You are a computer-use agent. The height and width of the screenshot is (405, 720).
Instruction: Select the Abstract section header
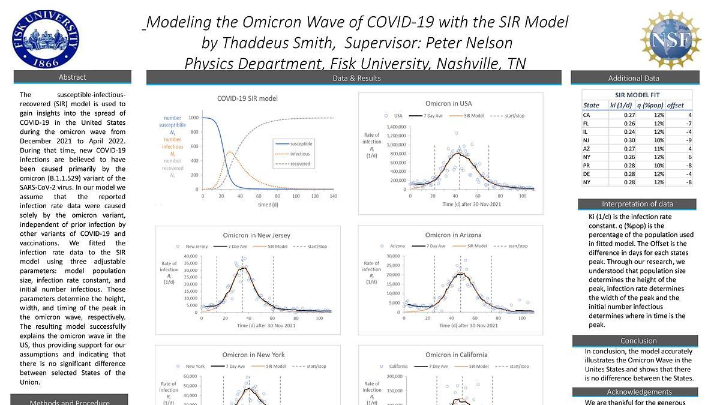(72, 77)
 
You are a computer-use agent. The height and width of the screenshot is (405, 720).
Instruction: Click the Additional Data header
(634, 78)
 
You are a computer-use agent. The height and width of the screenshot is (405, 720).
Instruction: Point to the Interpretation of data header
(637, 204)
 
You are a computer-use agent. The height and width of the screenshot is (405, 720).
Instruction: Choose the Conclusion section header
(638, 341)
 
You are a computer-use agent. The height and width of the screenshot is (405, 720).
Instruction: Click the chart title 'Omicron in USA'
(448, 103)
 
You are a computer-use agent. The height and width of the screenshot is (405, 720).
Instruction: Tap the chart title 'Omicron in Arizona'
(453, 235)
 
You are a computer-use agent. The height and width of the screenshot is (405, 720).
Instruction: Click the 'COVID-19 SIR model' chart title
(247, 98)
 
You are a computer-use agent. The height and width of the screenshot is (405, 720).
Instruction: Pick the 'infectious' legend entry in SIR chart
(299, 154)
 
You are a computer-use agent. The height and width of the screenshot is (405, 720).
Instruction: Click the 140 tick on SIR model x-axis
(334, 196)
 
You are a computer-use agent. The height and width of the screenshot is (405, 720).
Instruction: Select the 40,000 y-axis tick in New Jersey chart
(189, 256)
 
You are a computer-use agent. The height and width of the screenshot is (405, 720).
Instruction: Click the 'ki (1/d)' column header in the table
(622, 106)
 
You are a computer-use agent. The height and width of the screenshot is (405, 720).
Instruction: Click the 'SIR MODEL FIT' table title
(637, 95)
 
